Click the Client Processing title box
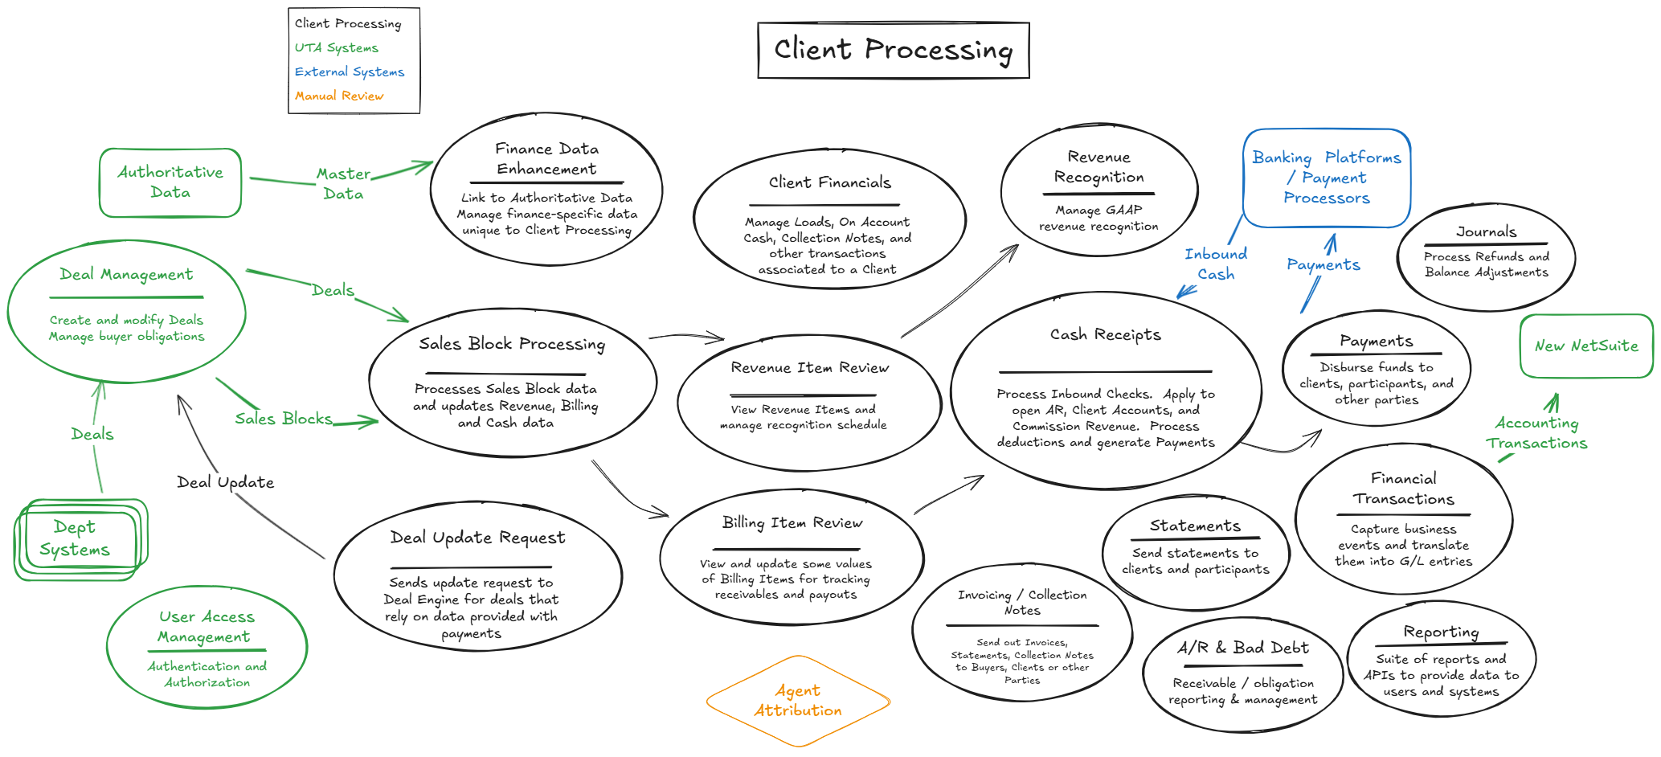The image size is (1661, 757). coord(893,50)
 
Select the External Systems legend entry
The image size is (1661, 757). coord(349,72)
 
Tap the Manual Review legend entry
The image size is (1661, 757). coord(338,96)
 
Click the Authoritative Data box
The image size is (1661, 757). coord(170,182)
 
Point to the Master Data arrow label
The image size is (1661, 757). coord(343,183)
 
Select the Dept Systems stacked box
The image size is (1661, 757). coord(76,538)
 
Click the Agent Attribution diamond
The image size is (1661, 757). coord(798,701)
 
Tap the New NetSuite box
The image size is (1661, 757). coord(1585,346)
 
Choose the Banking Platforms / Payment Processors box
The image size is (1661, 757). coord(1326,178)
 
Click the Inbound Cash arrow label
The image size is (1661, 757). coord(1216,264)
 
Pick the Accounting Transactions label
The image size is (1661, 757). coord(1536,433)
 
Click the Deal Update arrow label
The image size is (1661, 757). coord(225,482)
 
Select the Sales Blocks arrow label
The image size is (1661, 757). coord(283,419)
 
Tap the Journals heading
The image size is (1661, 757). coord(1486,231)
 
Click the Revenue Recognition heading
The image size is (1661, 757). coord(1098,167)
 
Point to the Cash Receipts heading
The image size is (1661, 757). coord(1105,334)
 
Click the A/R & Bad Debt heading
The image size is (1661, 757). coord(1242,648)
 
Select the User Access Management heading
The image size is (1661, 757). coord(206,627)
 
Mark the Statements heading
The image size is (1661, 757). coord(1195,526)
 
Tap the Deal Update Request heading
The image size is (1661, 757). coord(477,538)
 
